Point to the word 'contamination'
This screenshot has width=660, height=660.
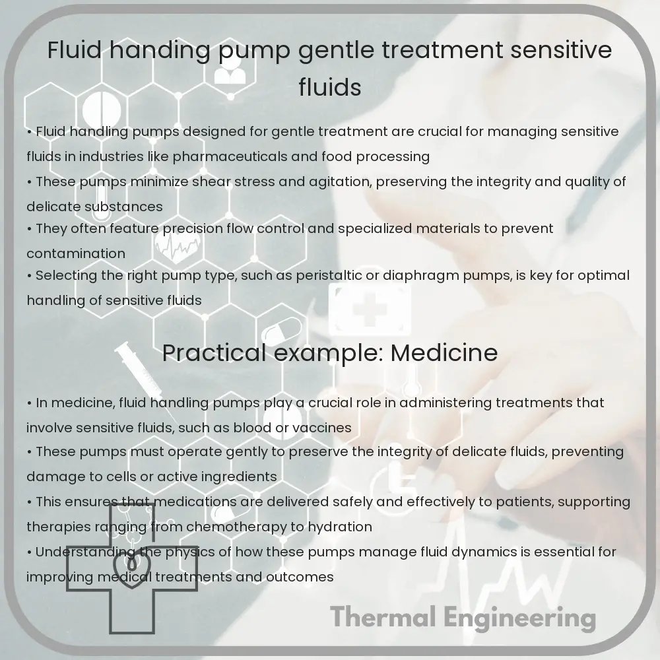click(76, 253)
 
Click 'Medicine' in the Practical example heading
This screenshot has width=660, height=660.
click(444, 353)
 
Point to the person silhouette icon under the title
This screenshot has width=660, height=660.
click(229, 71)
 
